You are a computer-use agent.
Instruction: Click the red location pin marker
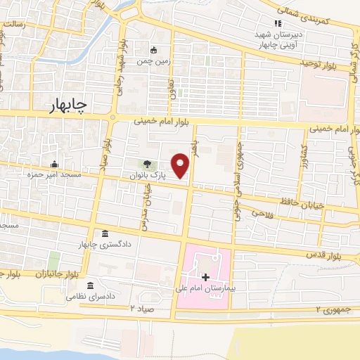(181, 165)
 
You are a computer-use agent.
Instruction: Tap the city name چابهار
(68, 105)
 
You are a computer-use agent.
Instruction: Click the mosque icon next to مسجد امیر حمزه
(53, 165)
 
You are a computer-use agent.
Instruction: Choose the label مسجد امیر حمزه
(54, 174)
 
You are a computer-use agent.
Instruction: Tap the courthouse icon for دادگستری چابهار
(105, 234)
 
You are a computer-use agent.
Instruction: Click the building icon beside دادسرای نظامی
(90, 285)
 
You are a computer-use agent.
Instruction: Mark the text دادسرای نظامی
(90, 296)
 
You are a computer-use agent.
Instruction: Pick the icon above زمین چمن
(154, 49)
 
